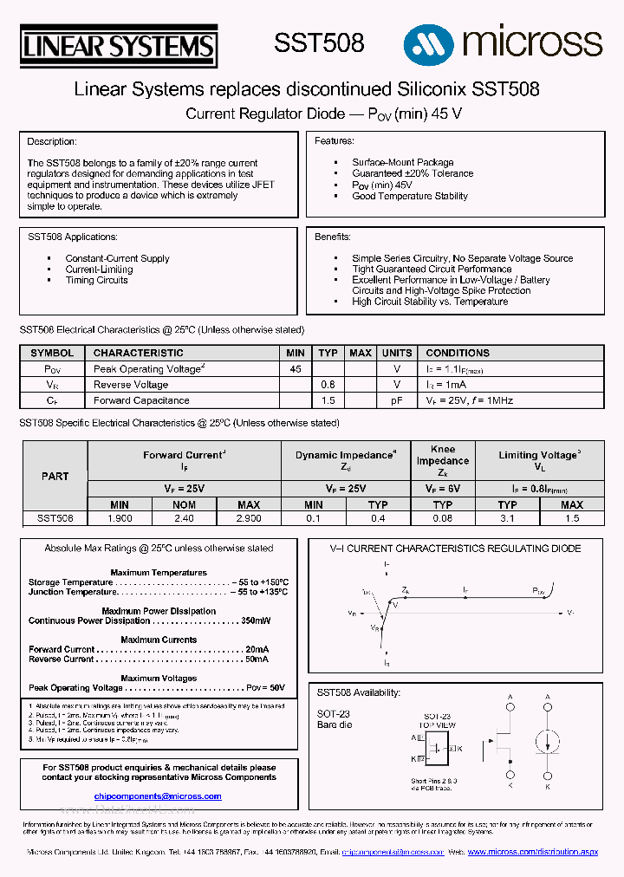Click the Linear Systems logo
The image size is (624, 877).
point(118,47)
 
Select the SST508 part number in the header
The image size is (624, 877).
point(319,43)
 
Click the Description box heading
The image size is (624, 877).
point(52,141)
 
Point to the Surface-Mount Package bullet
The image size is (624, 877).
point(402,162)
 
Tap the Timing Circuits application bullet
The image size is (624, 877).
point(97,280)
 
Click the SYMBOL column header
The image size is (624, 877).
point(52,353)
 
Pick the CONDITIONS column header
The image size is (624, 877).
point(458,353)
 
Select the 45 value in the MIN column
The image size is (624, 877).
point(296,368)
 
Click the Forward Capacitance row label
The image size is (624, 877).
point(141,400)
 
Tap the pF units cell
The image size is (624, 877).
point(397,400)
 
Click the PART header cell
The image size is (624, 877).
point(55,476)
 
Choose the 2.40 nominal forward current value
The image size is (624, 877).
point(184,518)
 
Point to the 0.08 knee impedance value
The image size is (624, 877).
point(442,518)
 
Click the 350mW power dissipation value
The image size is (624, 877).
point(256,620)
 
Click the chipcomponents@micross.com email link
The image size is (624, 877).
point(158,796)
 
